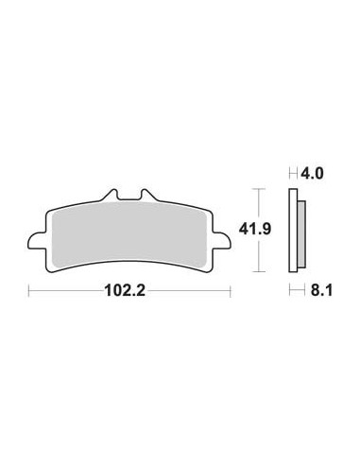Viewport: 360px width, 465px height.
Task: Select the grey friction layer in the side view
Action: click(302, 231)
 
